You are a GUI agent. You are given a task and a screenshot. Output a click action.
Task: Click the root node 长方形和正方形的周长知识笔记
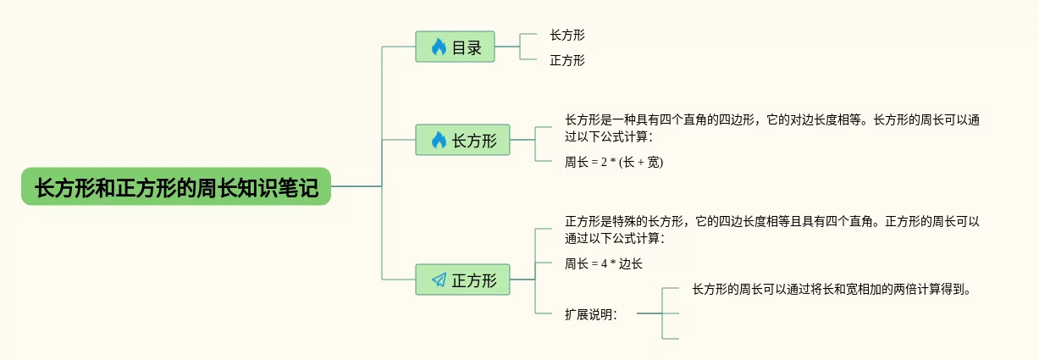coord(175,186)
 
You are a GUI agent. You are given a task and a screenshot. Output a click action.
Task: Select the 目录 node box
coord(455,47)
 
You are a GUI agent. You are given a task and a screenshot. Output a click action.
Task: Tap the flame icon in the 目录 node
coord(439,47)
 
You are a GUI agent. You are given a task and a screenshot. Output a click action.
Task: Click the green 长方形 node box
coord(462,140)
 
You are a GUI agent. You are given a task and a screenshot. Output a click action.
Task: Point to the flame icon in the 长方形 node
coord(439,141)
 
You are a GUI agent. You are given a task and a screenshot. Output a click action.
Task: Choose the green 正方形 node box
coord(462,280)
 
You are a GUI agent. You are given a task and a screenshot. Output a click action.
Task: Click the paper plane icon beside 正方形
coord(439,280)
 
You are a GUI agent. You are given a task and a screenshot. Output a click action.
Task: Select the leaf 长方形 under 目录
coord(567,35)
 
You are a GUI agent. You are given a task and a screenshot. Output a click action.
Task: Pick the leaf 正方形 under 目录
coord(567,60)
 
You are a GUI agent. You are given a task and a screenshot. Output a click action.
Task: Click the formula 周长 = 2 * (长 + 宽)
coord(614,162)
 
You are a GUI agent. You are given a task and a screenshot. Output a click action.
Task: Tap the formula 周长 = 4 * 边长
coord(604,263)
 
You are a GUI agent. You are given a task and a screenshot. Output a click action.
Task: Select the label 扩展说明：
coord(591,314)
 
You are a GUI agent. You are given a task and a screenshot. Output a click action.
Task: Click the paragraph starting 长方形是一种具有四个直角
coord(771,127)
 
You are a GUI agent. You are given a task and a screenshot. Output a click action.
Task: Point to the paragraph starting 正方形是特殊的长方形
coord(771,229)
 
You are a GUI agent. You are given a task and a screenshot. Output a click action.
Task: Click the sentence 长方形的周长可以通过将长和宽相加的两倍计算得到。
coord(830,289)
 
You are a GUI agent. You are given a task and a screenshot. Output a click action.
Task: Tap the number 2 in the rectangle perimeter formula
coord(604,162)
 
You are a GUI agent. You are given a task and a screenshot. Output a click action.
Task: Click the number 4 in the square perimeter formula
coord(604,263)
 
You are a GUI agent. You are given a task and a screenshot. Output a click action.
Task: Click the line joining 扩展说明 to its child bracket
coord(649,313)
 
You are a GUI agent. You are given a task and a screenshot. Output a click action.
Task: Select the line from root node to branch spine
coord(356,186)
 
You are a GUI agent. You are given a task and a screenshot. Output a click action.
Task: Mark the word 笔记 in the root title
coord(300,186)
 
